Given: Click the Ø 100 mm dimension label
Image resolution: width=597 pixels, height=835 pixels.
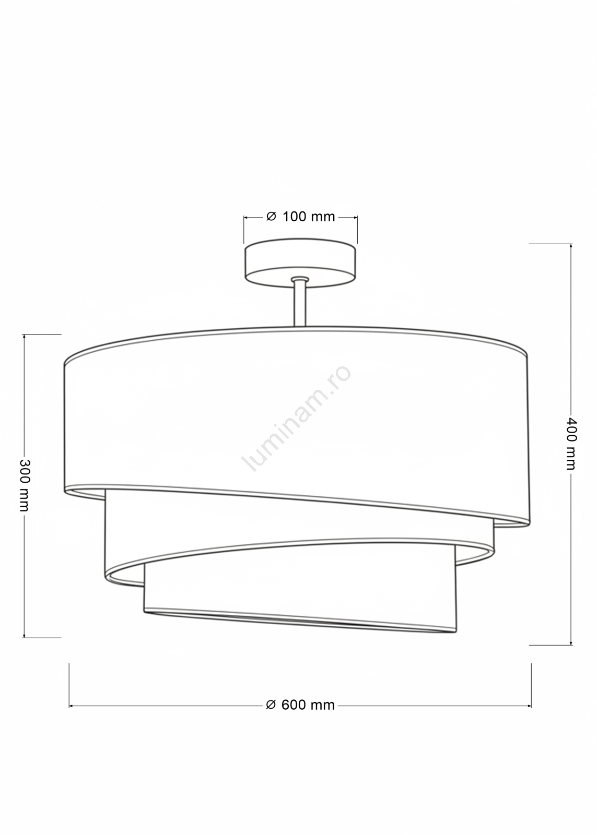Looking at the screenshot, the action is [301, 217].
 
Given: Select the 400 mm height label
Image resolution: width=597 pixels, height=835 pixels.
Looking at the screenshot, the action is [570, 443].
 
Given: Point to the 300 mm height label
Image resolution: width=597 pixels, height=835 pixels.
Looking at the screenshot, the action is [25, 485].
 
